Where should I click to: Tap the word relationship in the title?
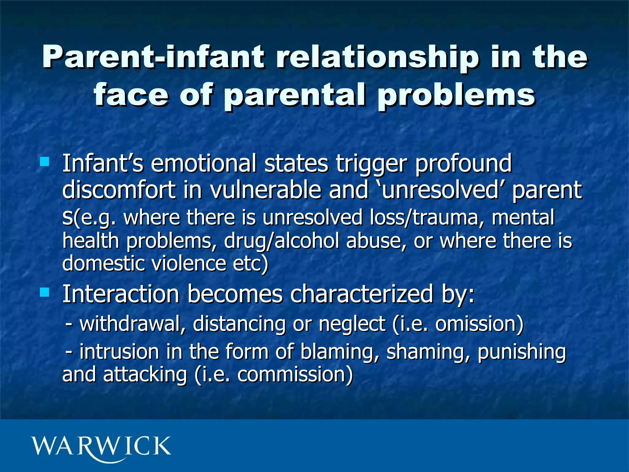pos(377,57)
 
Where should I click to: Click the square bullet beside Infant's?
pos(45,162)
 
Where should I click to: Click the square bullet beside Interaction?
pos(45,292)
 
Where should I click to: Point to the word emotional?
pos(203,164)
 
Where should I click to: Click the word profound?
pos(463,164)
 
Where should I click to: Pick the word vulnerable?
pos(265,190)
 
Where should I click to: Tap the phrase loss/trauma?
pos(424,217)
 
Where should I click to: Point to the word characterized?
pos(362,294)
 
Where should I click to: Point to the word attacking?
pos(145,375)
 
